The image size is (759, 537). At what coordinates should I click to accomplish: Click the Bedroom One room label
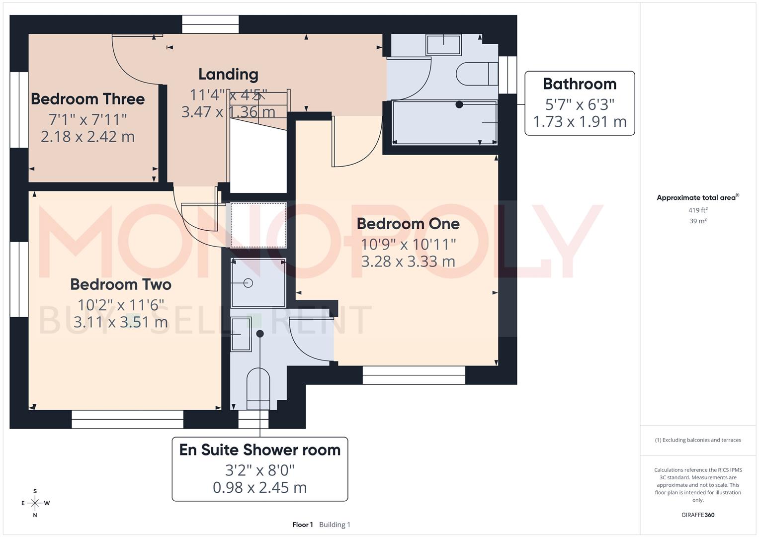[x=408, y=224]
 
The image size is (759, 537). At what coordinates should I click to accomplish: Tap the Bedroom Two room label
[x=121, y=284]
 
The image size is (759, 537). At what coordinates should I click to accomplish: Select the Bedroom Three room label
[x=88, y=99]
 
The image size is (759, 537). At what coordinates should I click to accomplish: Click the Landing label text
[x=228, y=74]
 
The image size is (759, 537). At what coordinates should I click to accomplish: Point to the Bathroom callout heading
[x=580, y=84]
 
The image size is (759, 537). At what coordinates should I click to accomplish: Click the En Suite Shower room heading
[x=260, y=450]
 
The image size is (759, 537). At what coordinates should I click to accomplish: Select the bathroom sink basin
[x=443, y=44]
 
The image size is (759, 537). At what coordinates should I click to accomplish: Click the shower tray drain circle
[x=248, y=283]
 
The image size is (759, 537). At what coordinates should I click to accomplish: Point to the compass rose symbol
[x=35, y=503]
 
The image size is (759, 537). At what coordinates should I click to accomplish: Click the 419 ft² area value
[x=698, y=210]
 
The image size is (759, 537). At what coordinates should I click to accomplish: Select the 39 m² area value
[x=698, y=221]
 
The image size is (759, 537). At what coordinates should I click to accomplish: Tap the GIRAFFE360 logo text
[x=698, y=515]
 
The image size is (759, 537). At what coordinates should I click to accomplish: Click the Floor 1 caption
[x=302, y=525]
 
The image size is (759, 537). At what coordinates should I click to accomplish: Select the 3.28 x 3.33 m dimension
[x=408, y=262]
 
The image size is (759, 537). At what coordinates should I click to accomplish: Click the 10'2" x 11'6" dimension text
[x=121, y=305]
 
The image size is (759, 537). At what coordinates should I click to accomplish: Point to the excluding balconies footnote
[x=698, y=440]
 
